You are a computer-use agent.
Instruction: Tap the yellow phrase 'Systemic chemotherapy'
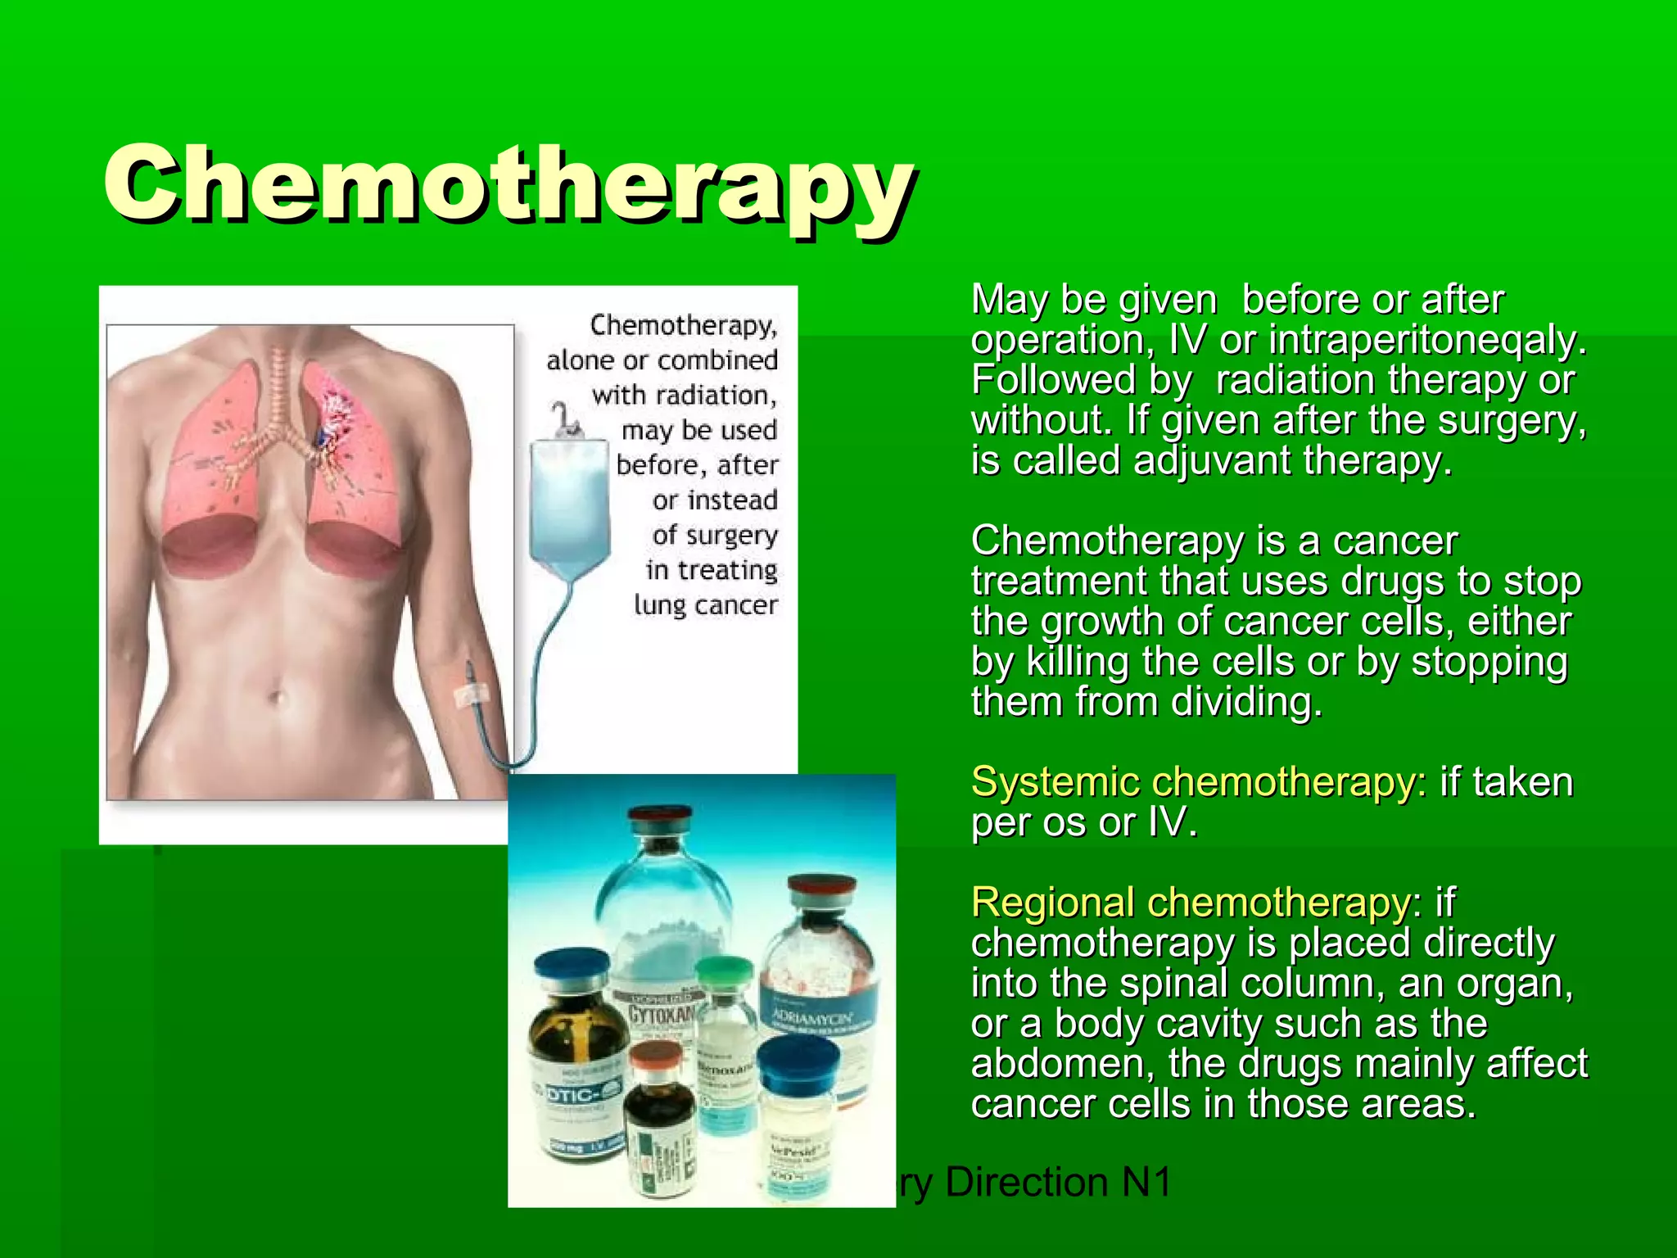(1194, 782)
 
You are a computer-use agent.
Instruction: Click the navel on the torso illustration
(277, 699)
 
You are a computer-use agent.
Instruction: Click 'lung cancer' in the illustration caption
(705, 605)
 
